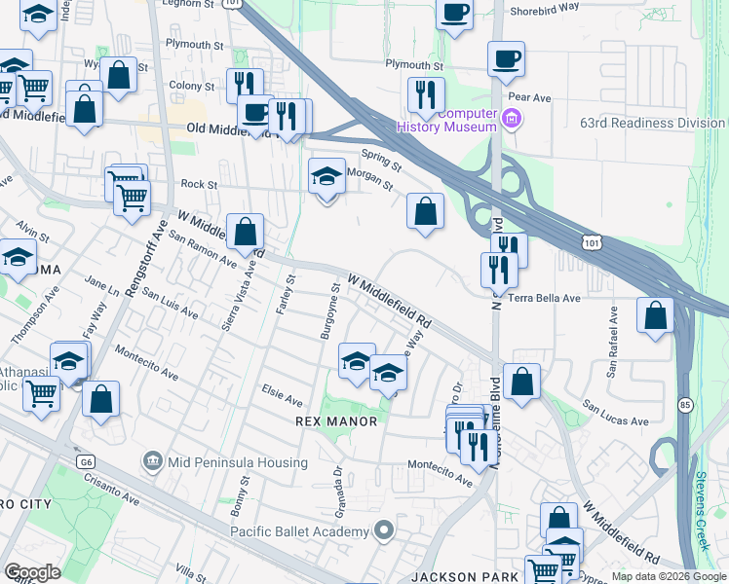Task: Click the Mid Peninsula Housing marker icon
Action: pyautogui.click(x=152, y=459)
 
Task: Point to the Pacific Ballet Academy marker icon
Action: pyautogui.click(x=384, y=530)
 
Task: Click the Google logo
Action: pyautogui.click(x=32, y=572)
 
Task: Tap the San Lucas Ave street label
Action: pyautogui.click(x=616, y=413)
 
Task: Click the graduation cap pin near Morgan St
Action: pyautogui.click(x=327, y=177)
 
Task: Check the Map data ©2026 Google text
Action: pyautogui.click(x=668, y=576)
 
